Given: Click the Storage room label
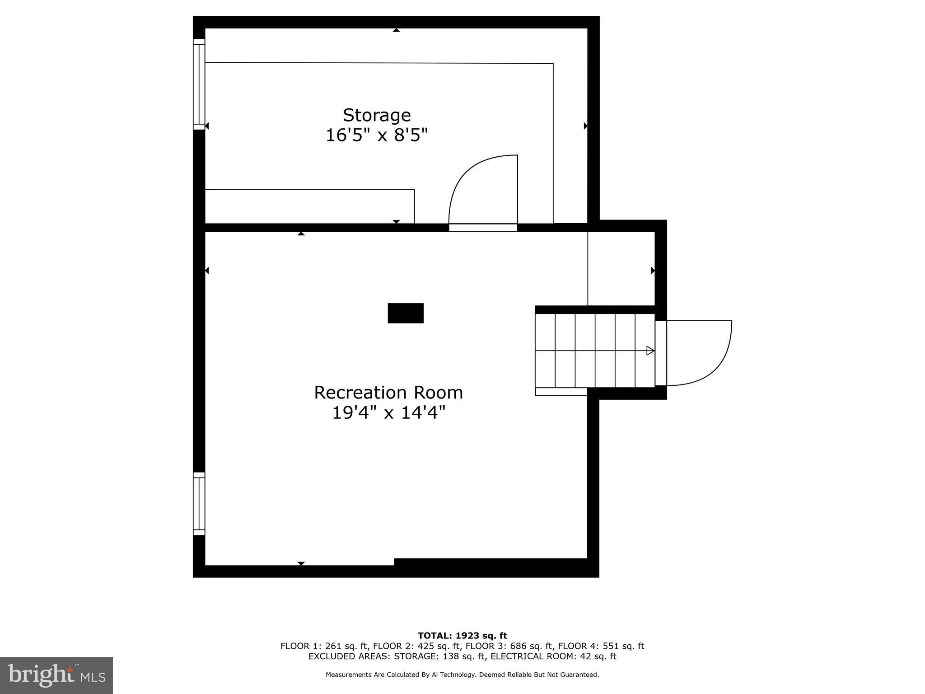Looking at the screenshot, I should [377, 115].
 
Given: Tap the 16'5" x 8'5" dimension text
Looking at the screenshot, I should [377, 135].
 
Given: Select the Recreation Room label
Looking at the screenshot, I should [388, 393].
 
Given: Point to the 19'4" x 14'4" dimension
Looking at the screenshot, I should [388, 413].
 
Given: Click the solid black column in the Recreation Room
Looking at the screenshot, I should [406, 313].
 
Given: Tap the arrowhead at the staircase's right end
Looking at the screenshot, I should [650, 351].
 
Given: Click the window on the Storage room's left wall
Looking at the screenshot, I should [199, 84].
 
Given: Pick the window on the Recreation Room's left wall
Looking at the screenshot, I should [199, 504].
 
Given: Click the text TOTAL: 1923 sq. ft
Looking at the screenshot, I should [462, 636].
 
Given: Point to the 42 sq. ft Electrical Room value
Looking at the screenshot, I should [598, 656].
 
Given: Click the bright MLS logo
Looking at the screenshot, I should [56, 675].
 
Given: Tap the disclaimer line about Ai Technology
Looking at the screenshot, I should [462, 675].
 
